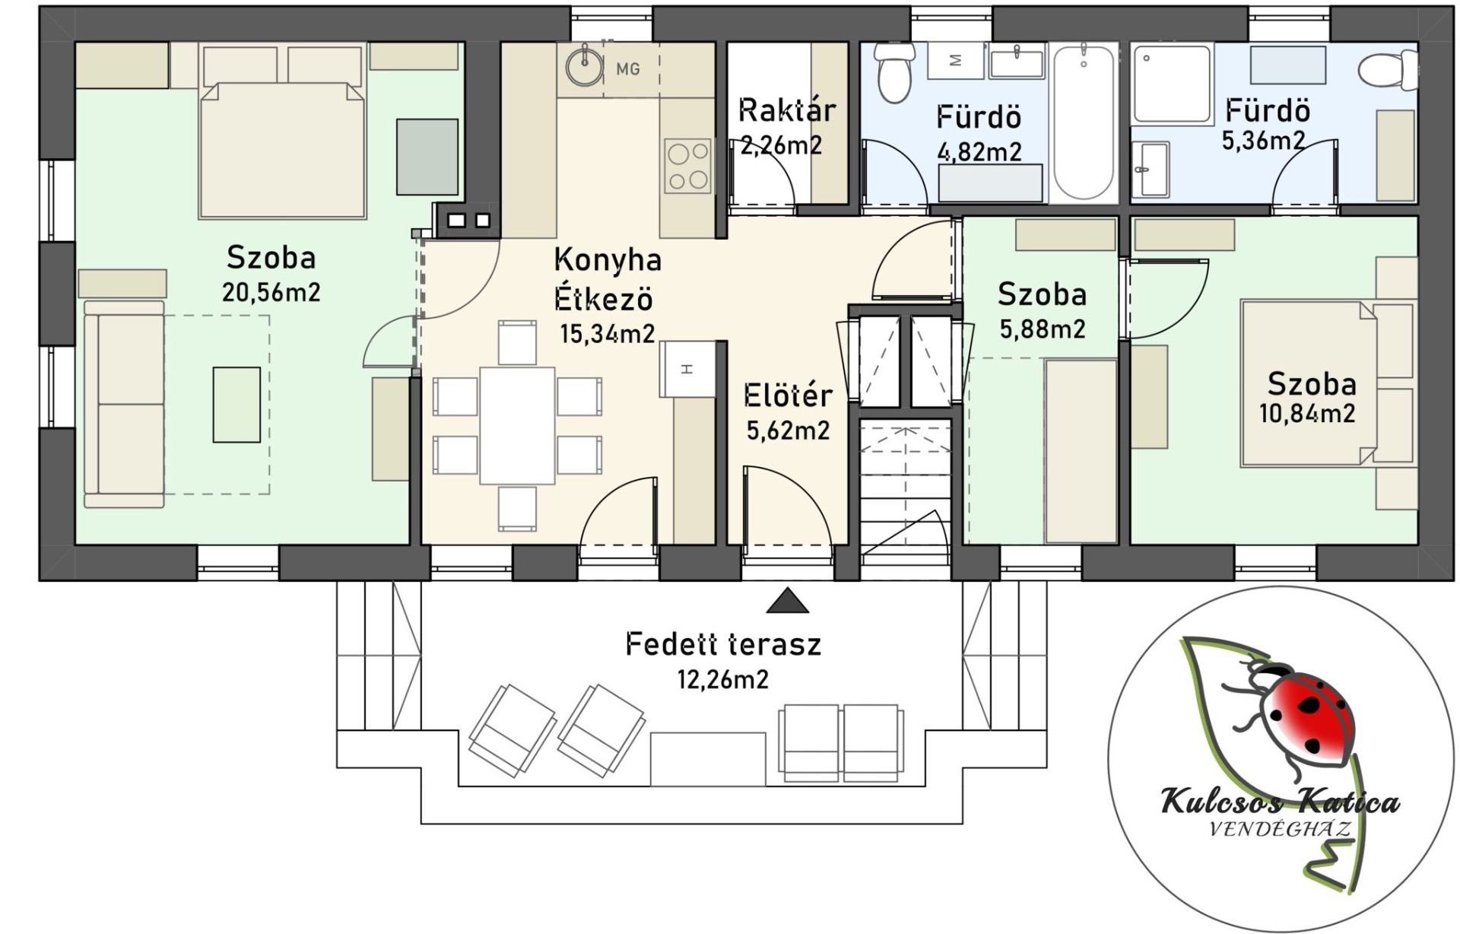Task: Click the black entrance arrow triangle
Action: point(787,601)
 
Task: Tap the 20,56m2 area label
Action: point(271,292)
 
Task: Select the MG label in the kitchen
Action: point(628,69)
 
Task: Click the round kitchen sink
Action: point(585,67)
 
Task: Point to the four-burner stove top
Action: point(688,165)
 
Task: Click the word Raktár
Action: point(787,110)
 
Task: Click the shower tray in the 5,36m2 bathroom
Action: point(1172,84)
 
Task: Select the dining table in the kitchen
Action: point(517,425)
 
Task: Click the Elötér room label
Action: point(788,396)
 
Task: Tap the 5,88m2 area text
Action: point(1043,329)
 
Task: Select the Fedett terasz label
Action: point(723,644)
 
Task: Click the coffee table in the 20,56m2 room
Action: point(236,405)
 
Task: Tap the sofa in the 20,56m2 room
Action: point(124,404)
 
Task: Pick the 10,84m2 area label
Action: point(1307,414)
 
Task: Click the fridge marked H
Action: point(687,369)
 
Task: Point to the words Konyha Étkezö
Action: point(607,279)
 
